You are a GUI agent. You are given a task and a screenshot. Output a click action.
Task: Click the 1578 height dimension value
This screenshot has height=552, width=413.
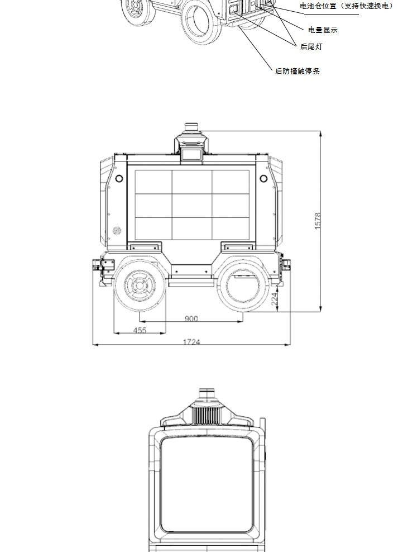coord(318,221)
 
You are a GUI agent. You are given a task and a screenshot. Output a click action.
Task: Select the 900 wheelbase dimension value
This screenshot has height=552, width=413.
coord(191,318)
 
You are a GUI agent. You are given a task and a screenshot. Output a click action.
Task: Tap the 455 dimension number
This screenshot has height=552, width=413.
coord(140,330)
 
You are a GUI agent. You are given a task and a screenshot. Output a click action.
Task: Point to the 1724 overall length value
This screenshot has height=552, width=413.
coord(192,342)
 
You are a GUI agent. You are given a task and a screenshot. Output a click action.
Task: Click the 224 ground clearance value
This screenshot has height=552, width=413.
coord(275,298)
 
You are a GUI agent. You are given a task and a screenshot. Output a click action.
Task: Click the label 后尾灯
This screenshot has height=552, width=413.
coord(311,46)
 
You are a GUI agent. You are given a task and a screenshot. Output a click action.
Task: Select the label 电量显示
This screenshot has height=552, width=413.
coord(323,30)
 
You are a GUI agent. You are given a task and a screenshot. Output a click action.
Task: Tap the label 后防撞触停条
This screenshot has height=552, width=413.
coord(297,71)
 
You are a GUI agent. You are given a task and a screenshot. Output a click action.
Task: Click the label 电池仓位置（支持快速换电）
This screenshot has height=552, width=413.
coord(347,6)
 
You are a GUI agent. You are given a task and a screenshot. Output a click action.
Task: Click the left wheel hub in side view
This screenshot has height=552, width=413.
coord(140,285)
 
